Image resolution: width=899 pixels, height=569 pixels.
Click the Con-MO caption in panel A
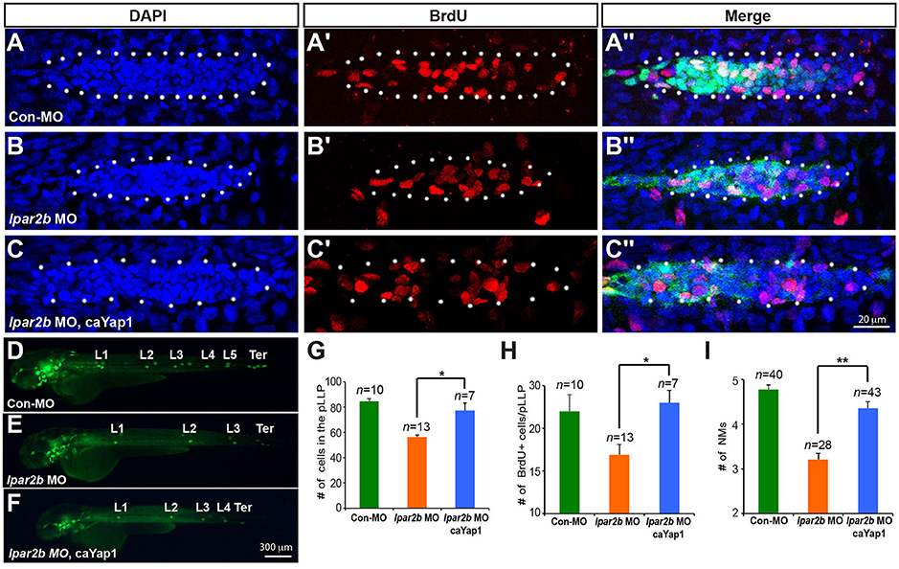34,118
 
